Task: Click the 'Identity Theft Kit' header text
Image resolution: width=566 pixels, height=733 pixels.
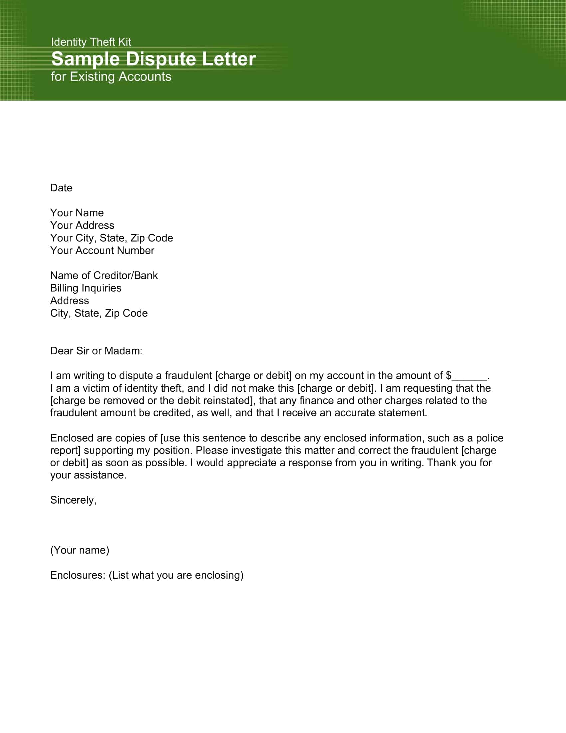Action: click(91, 42)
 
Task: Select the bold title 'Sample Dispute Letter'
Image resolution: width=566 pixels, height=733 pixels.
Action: click(153, 59)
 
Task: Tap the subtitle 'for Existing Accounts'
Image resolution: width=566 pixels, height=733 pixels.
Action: click(111, 77)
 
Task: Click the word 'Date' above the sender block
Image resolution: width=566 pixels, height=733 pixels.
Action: click(61, 188)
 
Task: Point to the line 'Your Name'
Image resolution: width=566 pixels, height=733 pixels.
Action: click(77, 213)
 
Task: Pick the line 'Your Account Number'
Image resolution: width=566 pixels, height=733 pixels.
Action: click(102, 250)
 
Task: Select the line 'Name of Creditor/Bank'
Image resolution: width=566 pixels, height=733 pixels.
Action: click(104, 276)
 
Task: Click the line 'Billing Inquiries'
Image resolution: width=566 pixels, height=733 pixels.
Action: click(86, 288)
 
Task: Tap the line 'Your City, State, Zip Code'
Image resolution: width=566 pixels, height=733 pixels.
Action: click(112, 238)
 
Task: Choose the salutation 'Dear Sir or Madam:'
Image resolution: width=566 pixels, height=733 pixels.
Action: click(96, 351)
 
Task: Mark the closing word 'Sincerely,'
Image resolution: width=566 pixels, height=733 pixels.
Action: click(73, 500)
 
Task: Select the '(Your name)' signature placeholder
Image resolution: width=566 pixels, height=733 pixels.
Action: click(80, 550)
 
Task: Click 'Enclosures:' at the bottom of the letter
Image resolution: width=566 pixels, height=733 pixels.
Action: click(78, 575)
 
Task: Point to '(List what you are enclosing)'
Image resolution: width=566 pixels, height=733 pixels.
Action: click(176, 575)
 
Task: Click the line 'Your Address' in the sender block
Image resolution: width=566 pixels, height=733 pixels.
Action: click(82, 225)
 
